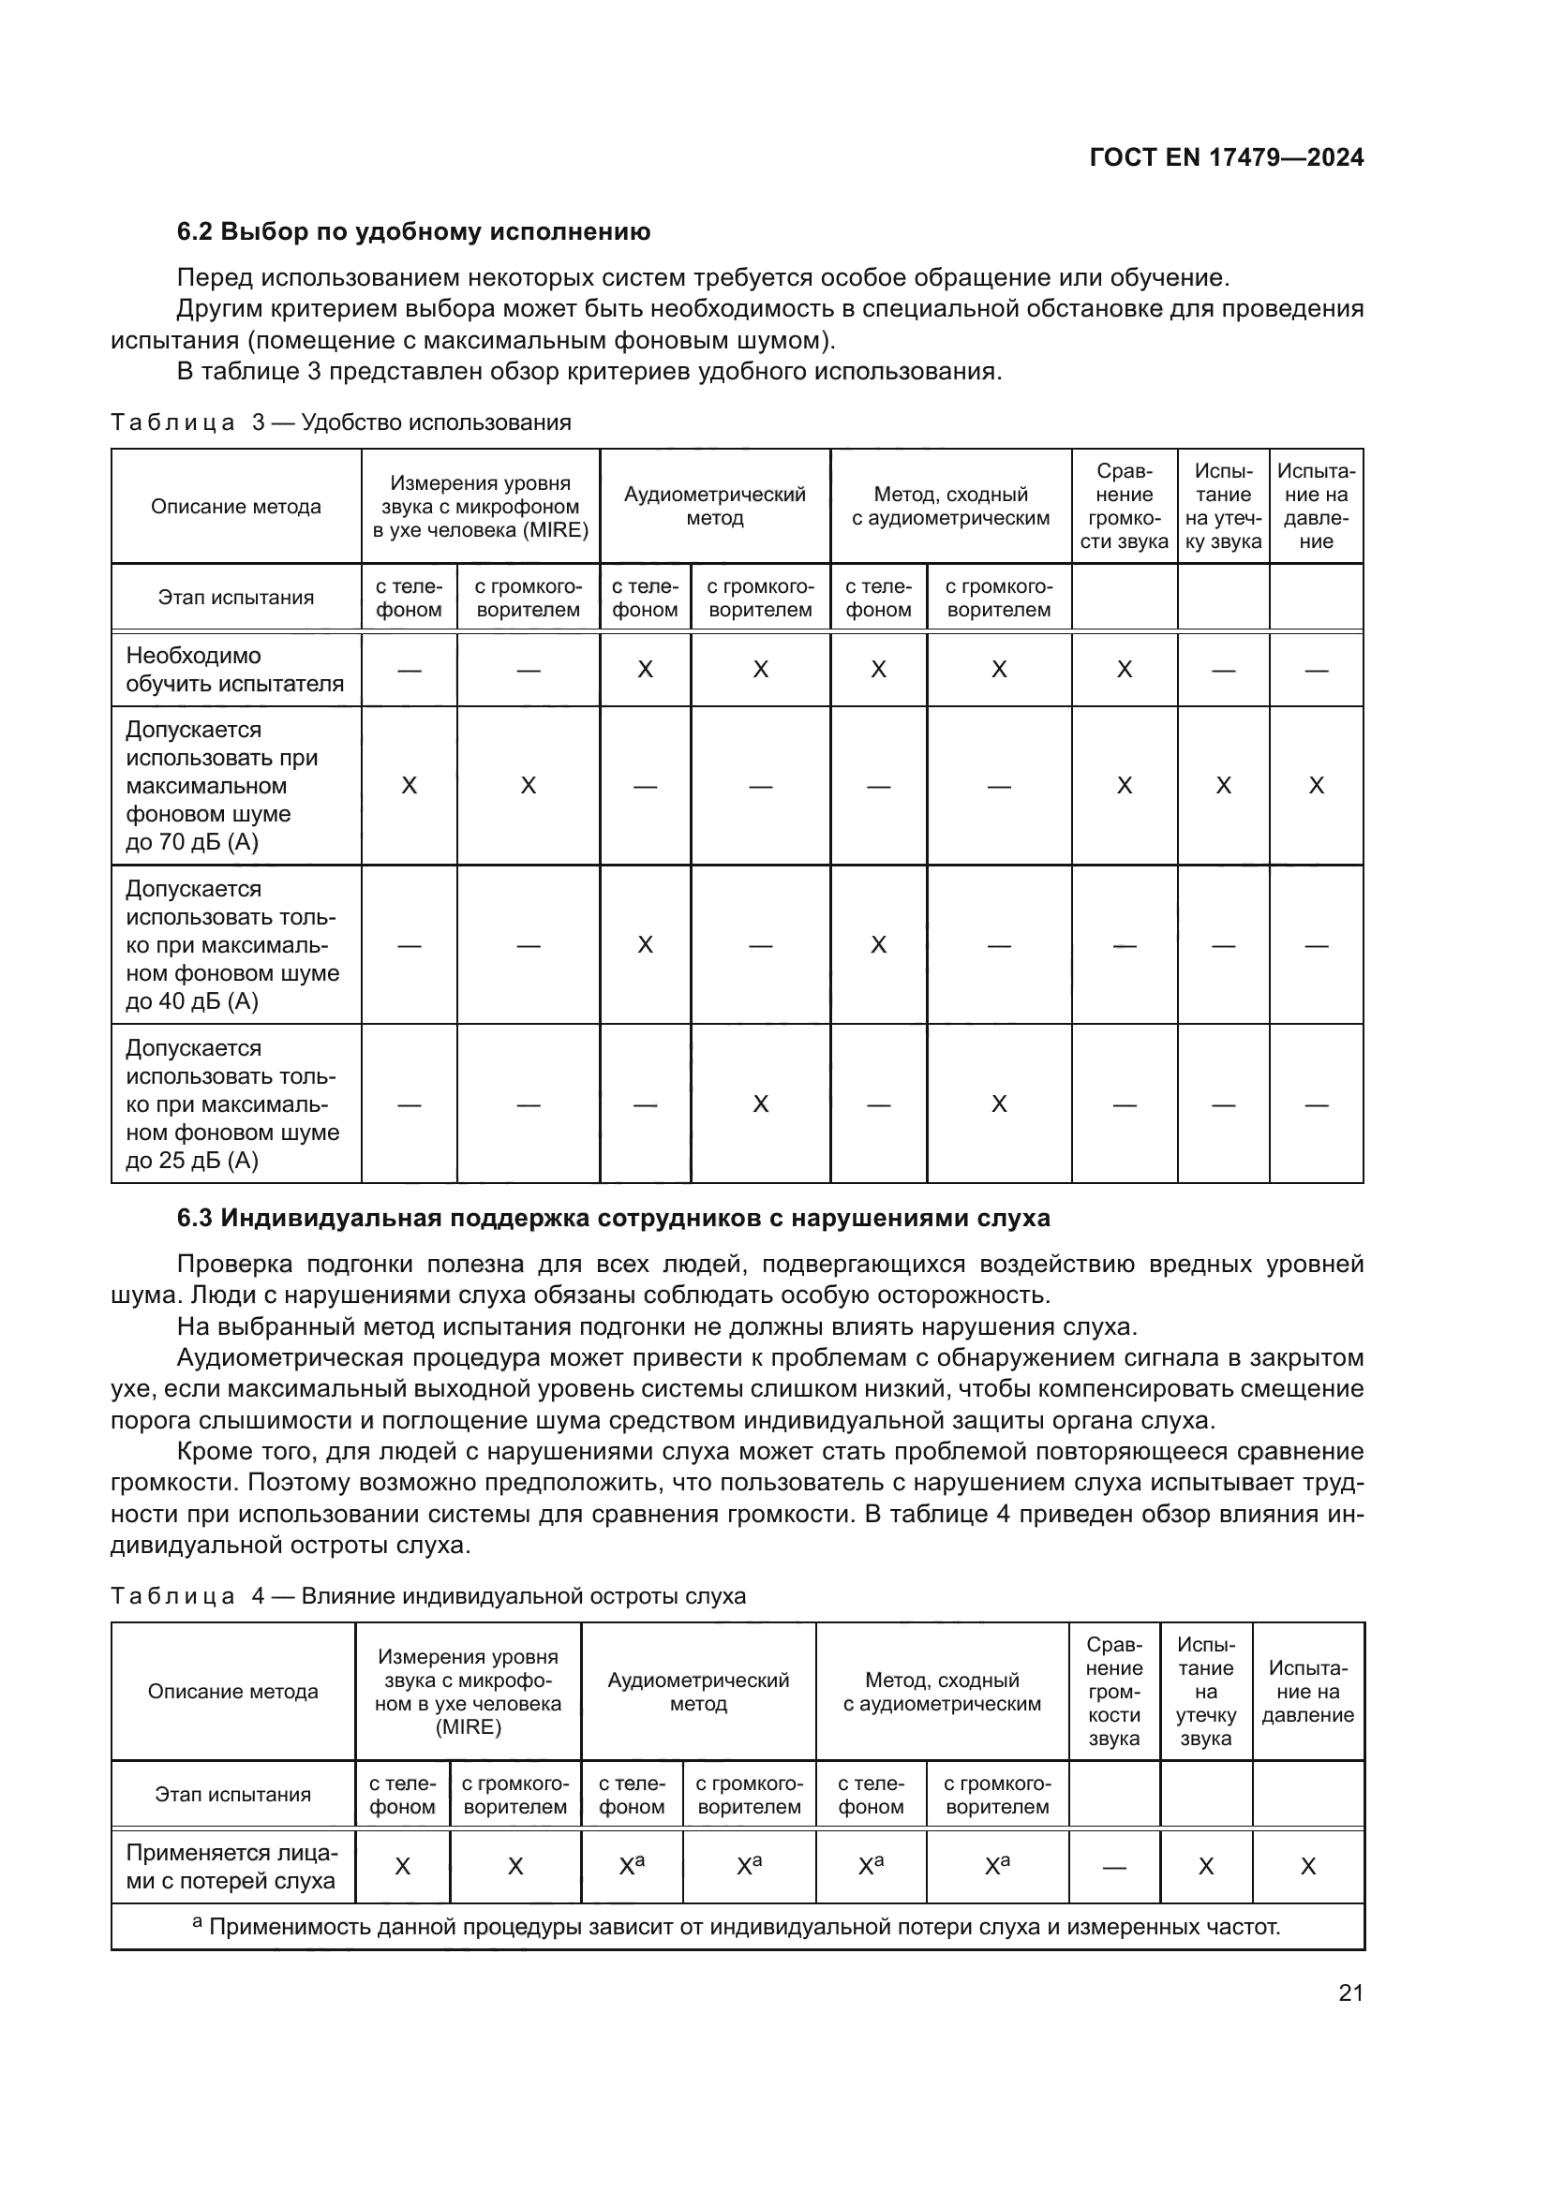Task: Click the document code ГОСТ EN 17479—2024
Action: click(x=1226, y=158)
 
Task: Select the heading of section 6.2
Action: click(x=413, y=232)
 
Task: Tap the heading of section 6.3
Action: click(x=613, y=1218)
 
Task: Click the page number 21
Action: click(x=1350, y=1992)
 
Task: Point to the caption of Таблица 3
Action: click(x=341, y=422)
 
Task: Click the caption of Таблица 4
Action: click(x=427, y=1596)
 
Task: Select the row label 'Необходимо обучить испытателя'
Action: click(x=235, y=670)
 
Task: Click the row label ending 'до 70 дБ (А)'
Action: click(x=221, y=785)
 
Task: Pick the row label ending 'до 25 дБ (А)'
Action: click(x=231, y=1104)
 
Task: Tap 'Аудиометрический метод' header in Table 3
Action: click(x=715, y=507)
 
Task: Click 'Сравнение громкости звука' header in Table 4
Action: click(x=1114, y=1692)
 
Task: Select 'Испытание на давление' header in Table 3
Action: click(x=1316, y=507)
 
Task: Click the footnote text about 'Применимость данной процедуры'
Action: click(x=737, y=1927)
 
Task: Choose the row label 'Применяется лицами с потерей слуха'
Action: click(x=231, y=1867)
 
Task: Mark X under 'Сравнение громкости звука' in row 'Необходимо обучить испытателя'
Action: click(x=1125, y=670)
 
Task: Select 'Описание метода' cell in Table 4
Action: click(x=233, y=1692)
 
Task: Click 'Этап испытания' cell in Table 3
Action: click(x=236, y=599)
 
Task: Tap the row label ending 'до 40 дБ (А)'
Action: click(x=231, y=945)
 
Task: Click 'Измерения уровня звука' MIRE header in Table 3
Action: click(x=480, y=507)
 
